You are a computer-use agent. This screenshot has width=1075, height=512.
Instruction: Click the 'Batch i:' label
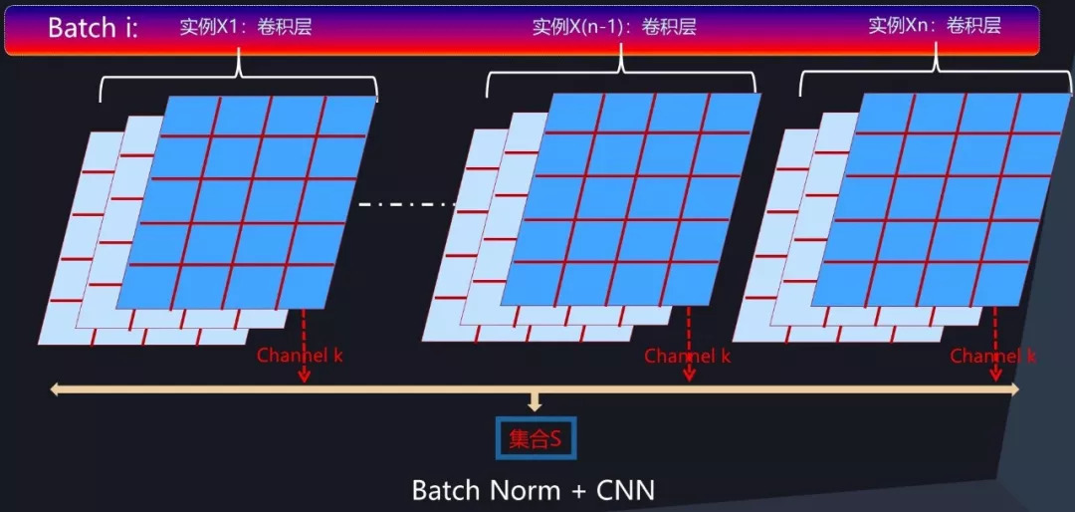[93, 28]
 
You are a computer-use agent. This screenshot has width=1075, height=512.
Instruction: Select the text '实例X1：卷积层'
[245, 27]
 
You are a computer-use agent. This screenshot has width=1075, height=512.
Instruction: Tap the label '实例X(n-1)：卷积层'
[614, 27]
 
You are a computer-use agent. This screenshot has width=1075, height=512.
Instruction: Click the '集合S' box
[536, 438]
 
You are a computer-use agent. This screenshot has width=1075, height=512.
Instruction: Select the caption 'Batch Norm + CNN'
[533, 490]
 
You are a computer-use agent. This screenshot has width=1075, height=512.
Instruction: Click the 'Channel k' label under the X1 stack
[300, 356]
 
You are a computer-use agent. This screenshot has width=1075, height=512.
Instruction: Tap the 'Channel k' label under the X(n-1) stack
[687, 356]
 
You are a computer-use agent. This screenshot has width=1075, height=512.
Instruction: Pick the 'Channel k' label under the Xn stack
[992, 356]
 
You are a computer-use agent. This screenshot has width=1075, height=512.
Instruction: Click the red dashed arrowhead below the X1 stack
[305, 376]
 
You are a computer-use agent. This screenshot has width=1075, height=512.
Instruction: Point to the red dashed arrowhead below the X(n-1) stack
[689, 376]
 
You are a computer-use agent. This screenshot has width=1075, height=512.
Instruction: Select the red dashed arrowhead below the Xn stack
[995, 376]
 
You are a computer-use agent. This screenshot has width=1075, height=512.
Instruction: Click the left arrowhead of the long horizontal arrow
[56, 389]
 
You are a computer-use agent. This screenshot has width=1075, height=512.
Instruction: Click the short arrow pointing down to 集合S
[536, 403]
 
